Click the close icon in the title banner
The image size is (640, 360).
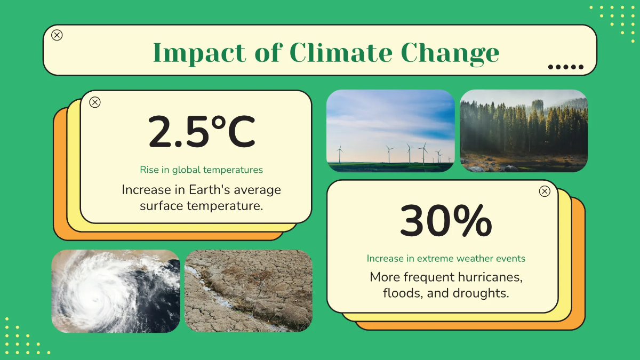(57, 35)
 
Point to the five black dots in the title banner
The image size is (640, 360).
(566, 67)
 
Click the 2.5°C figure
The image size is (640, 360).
(202, 132)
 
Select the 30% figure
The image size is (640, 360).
(446, 221)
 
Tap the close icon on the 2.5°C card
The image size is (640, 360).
(95, 102)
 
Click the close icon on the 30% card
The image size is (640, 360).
(545, 191)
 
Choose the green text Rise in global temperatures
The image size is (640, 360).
(202, 170)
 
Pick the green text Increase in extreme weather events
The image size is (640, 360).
(446, 258)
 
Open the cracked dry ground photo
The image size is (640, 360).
(249, 291)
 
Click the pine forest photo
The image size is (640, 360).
(524, 131)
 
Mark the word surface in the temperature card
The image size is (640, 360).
(161, 206)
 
